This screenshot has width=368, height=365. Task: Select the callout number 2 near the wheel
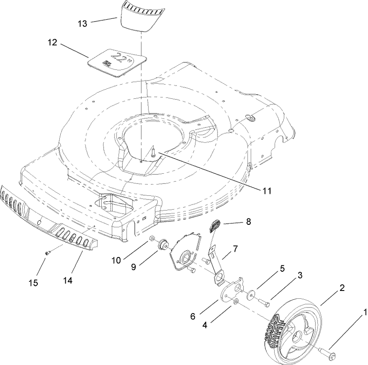point(342,288)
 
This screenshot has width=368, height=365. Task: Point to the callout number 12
point(52,42)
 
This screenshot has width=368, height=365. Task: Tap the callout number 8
point(248,222)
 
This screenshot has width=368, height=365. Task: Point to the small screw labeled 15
point(47,252)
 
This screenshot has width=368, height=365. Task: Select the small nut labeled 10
point(151,238)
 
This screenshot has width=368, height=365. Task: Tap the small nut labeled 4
point(235,301)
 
